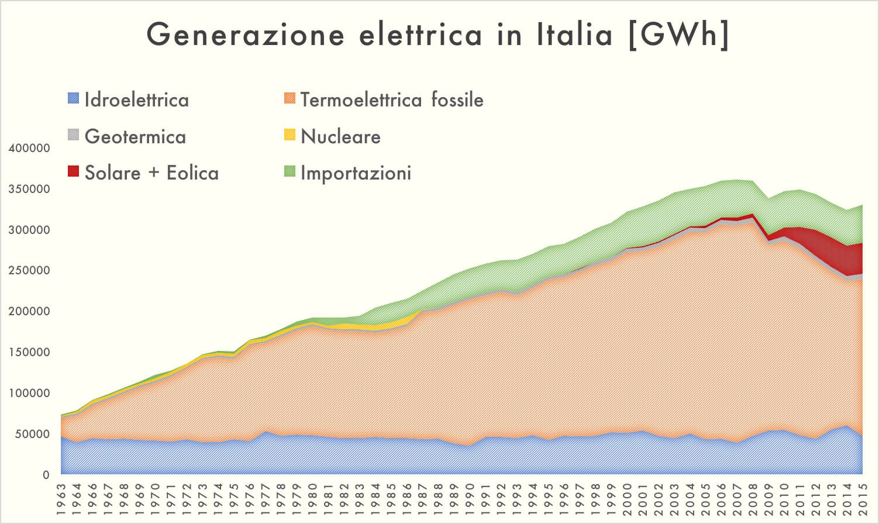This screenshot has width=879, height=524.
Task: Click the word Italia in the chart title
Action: [575, 35]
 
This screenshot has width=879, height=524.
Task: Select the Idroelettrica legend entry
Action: [136, 100]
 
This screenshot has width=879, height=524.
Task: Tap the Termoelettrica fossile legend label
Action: [392, 100]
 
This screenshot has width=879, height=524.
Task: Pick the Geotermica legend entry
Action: [135, 137]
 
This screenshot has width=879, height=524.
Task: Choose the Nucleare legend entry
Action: [340, 137]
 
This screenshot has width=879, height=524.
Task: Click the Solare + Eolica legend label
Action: [151, 173]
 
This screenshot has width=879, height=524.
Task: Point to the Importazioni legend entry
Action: [356, 173]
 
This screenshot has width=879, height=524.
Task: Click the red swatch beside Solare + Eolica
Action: [73, 171]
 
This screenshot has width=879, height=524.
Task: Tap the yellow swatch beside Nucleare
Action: [289, 135]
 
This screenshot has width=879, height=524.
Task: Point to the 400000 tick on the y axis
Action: [29, 149]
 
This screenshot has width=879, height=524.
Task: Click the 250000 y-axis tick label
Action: [29, 271]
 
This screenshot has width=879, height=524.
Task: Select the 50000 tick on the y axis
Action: [32, 434]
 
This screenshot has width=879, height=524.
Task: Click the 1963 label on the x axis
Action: [62, 498]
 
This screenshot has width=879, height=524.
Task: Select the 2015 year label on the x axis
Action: [862, 498]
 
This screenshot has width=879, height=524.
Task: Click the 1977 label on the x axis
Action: [266, 498]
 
